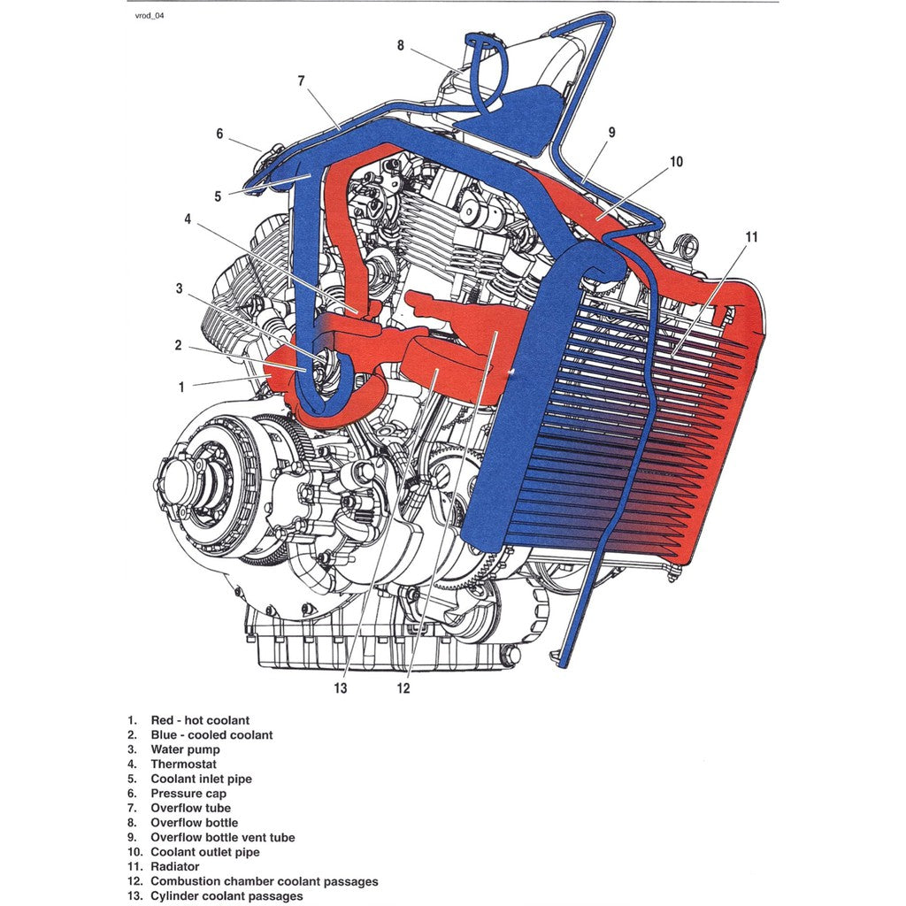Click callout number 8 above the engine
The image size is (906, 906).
point(400,45)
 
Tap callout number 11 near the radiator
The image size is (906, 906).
point(751,237)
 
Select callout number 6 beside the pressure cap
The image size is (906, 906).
point(220,134)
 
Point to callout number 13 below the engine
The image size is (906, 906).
point(341,687)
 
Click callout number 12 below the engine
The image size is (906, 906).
point(403,687)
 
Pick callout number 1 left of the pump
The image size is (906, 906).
point(181,387)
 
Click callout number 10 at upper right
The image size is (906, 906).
point(676,162)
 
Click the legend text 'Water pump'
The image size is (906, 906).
point(185,749)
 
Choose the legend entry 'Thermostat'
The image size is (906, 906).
point(183,764)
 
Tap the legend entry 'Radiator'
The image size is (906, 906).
point(175,867)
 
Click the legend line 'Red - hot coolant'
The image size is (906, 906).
point(200,720)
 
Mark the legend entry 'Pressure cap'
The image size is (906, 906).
point(188,794)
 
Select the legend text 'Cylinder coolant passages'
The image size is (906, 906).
point(226,896)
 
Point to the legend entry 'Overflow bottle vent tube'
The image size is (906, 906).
point(223,837)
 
